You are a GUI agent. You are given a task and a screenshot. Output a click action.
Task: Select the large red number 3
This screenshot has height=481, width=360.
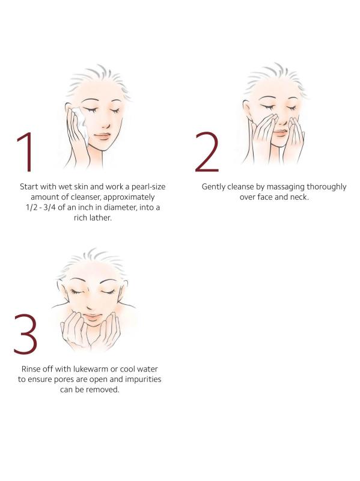pyautogui.click(x=26, y=334)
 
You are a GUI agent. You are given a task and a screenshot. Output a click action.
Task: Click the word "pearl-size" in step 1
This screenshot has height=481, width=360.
pyautogui.click(x=148, y=186)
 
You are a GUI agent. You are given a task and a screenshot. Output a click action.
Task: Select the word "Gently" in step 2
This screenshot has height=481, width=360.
pyautogui.click(x=213, y=187)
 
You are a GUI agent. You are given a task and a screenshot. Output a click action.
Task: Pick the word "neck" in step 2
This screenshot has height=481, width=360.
pyautogui.click(x=299, y=197)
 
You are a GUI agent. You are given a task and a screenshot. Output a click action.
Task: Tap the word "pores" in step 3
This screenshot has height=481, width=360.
pyautogui.click(x=64, y=380)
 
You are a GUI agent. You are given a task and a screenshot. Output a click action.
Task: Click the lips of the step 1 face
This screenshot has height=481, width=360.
pyautogui.click(x=102, y=136)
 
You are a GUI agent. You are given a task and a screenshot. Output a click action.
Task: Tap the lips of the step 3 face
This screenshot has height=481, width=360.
pyautogui.click(x=92, y=317)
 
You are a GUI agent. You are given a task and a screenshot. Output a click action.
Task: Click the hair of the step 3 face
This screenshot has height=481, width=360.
pyautogui.click(x=92, y=262)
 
